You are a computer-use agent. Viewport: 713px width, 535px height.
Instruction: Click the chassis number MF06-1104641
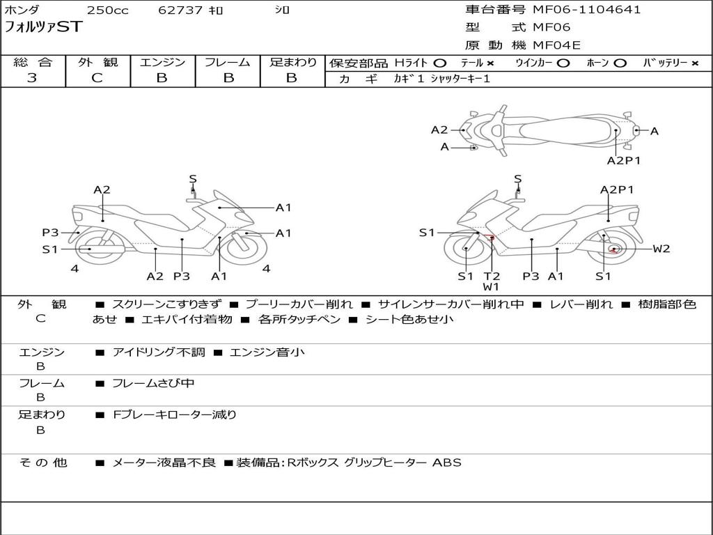586,10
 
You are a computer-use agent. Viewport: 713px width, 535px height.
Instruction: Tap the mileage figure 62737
180,10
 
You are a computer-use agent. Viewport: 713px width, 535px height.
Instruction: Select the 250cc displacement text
107,10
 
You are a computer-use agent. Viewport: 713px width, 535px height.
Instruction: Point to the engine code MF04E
556,45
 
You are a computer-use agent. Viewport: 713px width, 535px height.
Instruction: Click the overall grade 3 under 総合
32,78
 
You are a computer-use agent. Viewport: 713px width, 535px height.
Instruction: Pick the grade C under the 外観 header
97,78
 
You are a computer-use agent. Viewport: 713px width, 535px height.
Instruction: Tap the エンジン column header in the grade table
162,63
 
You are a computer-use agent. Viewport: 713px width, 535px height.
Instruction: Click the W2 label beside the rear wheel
661,249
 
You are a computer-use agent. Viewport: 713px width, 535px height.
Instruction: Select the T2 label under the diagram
492,277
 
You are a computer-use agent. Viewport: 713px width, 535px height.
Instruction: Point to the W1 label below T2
492,287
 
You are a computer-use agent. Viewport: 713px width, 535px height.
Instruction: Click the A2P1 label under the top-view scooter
623,160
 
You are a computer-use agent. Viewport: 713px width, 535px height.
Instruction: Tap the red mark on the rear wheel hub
614,249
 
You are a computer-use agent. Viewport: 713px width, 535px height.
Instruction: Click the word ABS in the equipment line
447,463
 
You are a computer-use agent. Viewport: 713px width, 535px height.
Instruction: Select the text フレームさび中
153,383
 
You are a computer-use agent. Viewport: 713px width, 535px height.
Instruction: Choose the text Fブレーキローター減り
175,414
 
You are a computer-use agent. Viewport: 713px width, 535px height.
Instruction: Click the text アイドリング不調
159,352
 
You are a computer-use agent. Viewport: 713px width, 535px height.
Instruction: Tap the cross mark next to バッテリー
695,63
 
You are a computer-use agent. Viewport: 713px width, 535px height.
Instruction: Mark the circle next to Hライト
439,63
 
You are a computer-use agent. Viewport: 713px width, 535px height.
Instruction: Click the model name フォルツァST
44,27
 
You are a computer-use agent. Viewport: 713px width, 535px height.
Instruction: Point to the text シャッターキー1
460,79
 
